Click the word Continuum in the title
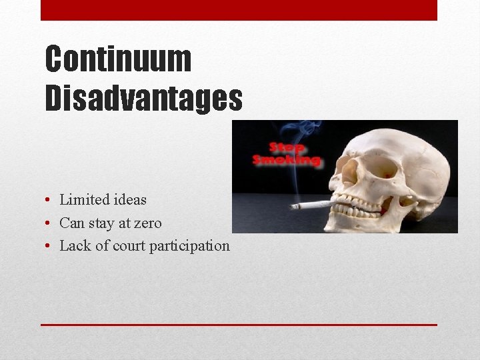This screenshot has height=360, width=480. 118,59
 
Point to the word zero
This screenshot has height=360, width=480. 146,223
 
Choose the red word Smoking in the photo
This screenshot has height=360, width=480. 287,160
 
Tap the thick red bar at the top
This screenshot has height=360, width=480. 239,10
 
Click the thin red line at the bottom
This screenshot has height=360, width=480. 239,325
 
